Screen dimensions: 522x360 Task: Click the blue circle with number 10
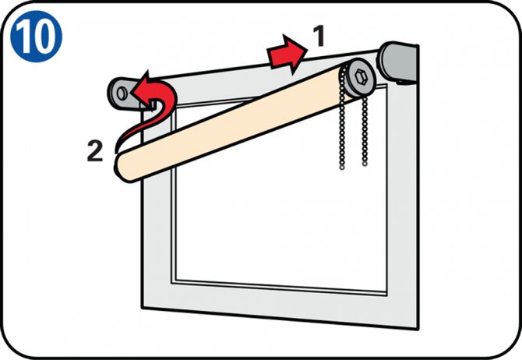tap(37, 37)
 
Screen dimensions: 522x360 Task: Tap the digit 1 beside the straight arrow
tap(319, 36)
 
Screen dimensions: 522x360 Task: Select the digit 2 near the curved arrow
tap(95, 151)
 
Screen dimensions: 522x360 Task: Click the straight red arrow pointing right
tap(287, 54)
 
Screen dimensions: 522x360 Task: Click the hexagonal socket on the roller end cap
tap(360, 77)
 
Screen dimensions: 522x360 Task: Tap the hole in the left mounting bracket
tap(122, 93)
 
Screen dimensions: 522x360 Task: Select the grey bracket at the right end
tap(398, 62)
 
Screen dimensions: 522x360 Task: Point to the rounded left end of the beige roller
tap(122, 168)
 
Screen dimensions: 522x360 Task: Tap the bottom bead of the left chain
tap(342, 168)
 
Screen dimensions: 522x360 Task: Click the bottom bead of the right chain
tap(365, 164)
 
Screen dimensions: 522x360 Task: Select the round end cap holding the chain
tap(358, 78)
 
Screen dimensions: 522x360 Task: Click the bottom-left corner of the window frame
tap(142, 308)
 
